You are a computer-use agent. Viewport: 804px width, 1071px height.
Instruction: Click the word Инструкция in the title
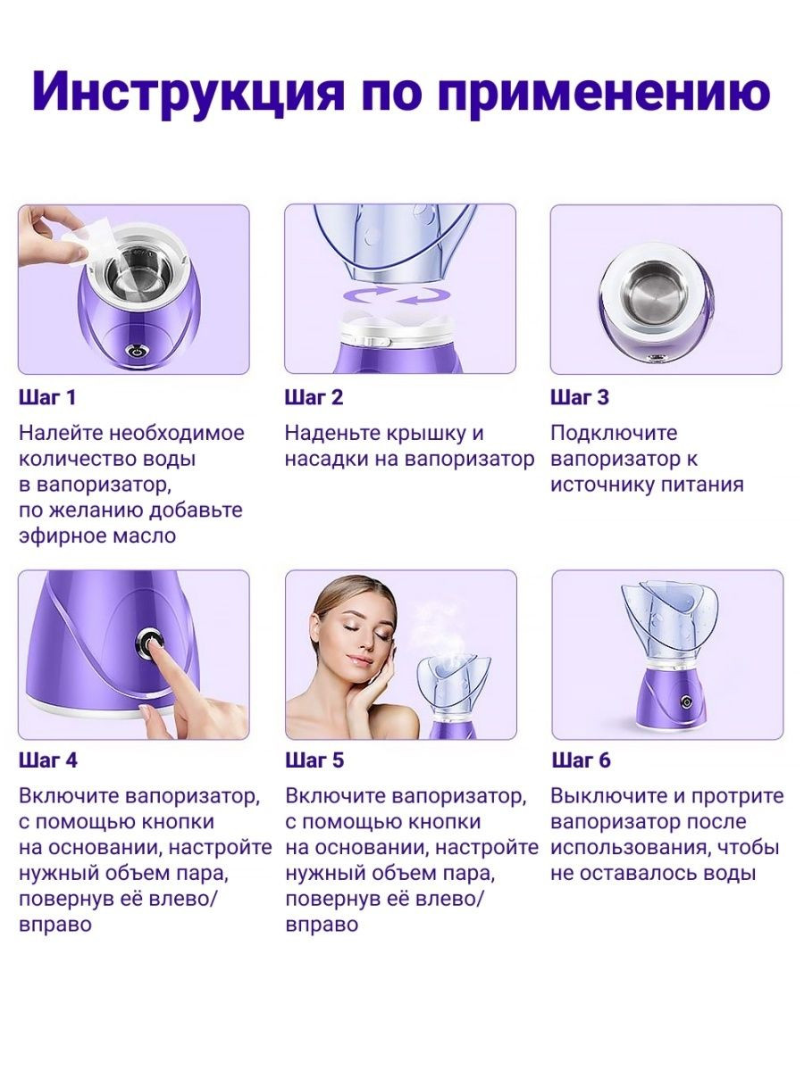(188, 93)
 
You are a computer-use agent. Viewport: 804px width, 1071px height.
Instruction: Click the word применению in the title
(605, 93)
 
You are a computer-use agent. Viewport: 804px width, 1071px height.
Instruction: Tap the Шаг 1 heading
(47, 398)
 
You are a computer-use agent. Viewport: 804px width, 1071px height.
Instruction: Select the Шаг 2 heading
(314, 398)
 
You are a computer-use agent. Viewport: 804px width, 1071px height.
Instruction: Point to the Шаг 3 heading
(580, 398)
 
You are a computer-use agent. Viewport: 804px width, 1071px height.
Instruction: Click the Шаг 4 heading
(48, 760)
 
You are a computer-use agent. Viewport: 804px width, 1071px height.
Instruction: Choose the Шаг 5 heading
(314, 760)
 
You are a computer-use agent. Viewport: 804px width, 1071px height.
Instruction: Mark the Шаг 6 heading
(581, 760)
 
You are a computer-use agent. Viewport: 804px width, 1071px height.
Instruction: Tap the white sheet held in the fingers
(88, 242)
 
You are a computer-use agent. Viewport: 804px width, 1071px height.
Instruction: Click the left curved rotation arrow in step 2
(368, 295)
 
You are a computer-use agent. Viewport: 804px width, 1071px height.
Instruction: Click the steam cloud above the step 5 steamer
(442, 629)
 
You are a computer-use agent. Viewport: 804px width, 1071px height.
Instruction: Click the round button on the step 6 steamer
(687, 702)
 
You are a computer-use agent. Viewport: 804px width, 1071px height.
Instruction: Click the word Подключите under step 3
(614, 433)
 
